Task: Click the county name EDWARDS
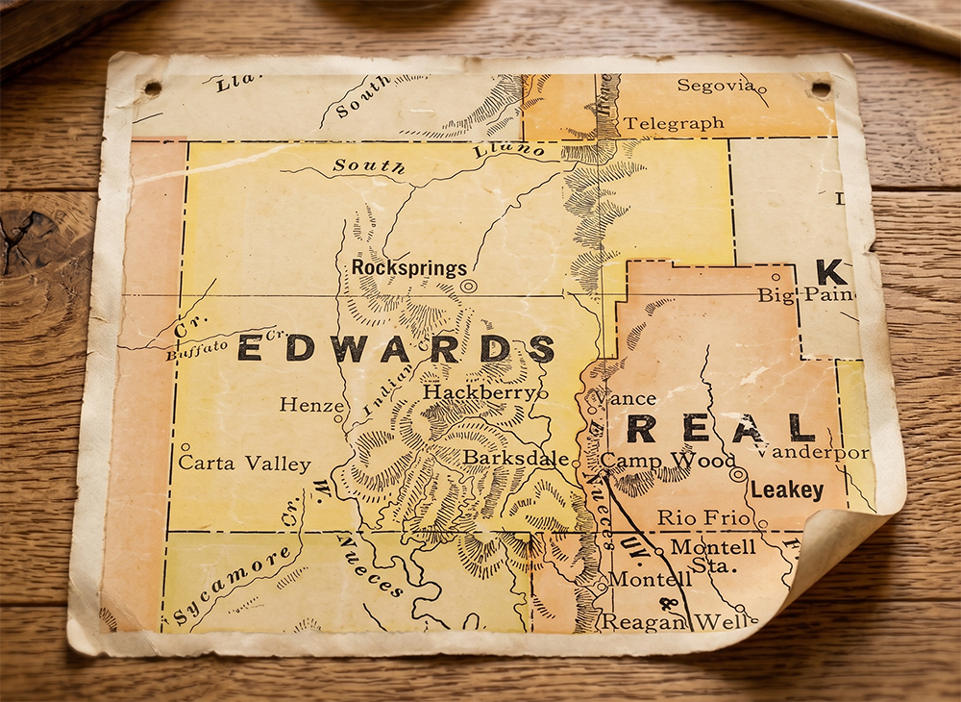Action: [395, 348]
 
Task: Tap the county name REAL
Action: [721, 428]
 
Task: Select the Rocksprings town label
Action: [408, 267]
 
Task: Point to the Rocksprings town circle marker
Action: [468, 286]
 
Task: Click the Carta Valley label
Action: [245, 464]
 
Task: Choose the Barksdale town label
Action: [515, 458]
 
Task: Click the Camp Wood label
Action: [668, 461]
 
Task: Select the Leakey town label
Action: [787, 490]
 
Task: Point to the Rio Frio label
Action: [702, 517]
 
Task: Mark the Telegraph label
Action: [674, 123]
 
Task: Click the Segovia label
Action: [715, 86]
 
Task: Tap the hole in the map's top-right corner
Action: [820, 88]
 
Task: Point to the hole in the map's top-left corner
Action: [152, 88]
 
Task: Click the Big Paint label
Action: [805, 294]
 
